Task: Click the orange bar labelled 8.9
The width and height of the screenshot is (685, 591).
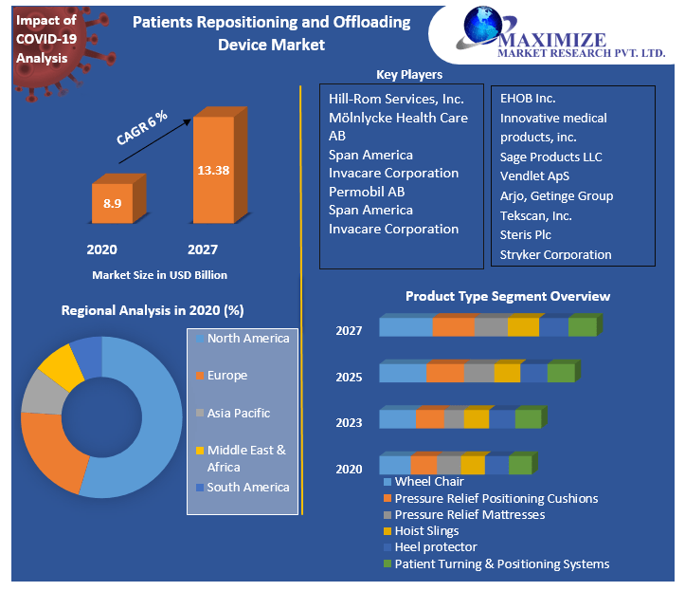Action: click(112, 203)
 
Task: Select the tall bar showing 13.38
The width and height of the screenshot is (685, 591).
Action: click(213, 171)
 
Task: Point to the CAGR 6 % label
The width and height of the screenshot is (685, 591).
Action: click(142, 127)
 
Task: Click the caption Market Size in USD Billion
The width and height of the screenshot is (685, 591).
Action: click(159, 274)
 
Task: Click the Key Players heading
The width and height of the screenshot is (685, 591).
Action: click(409, 74)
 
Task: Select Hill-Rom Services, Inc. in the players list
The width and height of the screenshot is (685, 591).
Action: click(396, 99)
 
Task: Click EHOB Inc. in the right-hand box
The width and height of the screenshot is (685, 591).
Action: click(528, 98)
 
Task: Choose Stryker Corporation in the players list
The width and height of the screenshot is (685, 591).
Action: click(556, 254)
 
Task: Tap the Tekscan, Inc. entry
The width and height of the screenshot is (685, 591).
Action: click(536, 215)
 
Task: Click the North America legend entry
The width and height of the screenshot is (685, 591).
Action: click(248, 339)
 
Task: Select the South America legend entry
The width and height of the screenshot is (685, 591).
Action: click(248, 487)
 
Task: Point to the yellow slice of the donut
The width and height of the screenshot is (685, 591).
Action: click(59, 365)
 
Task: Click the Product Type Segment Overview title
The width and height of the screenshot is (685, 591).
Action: click(508, 296)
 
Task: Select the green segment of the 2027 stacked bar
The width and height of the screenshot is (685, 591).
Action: click(582, 327)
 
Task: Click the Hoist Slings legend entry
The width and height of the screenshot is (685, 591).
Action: click(426, 530)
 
